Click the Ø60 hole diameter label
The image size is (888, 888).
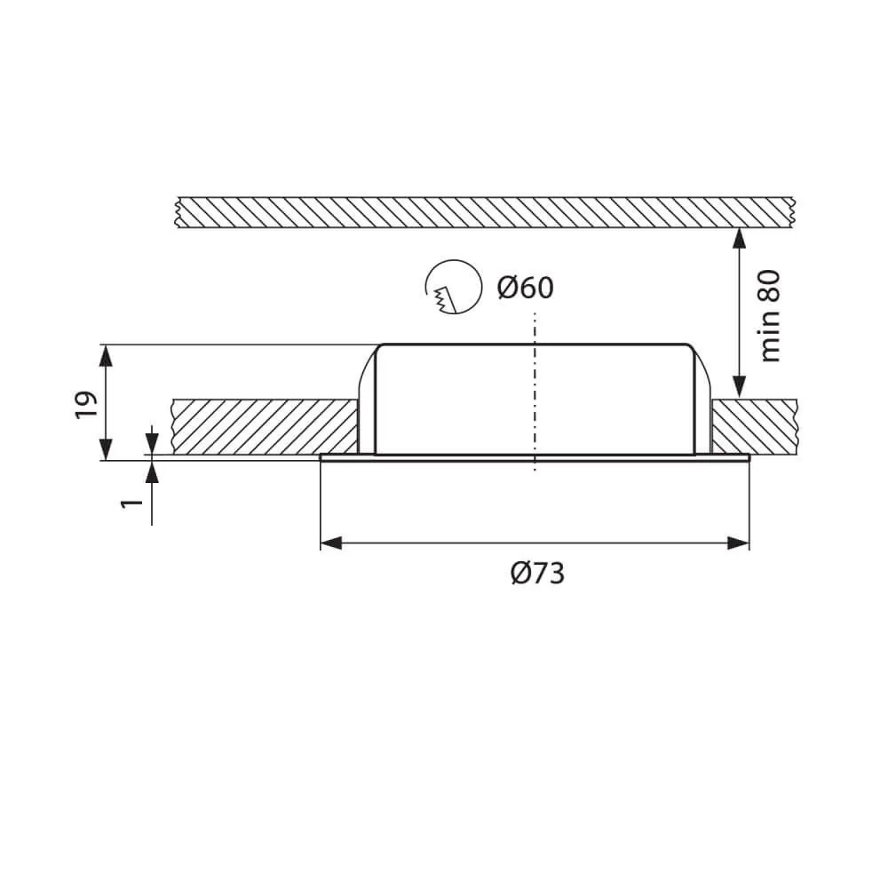pyautogui.click(x=525, y=288)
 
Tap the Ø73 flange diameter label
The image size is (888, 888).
pyautogui.click(x=537, y=574)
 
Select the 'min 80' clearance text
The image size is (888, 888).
pyautogui.click(x=770, y=316)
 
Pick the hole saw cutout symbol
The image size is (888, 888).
pyautogui.click(x=453, y=287)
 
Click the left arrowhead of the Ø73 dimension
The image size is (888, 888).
pyautogui.click(x=331, y=543)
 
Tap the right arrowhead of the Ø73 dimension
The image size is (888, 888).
pyautogui.click(x=738, y=543)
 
